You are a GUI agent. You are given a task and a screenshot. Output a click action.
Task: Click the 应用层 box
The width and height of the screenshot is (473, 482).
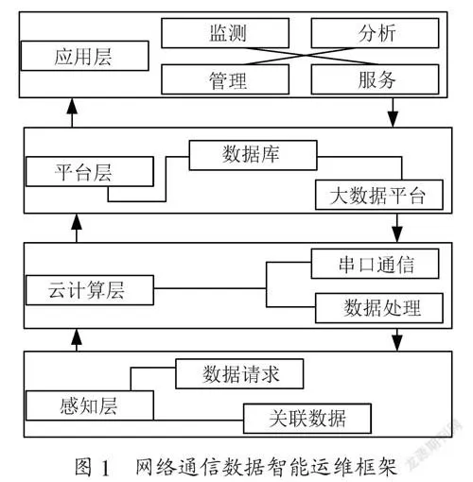(x=85, y=56)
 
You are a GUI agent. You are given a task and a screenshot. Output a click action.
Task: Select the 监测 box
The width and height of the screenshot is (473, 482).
(x=225, y=33)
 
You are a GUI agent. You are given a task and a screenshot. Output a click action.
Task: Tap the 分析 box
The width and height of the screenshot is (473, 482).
(x=375, y=33)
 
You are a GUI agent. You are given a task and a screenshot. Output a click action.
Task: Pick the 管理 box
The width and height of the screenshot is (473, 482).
(x=225, y=79)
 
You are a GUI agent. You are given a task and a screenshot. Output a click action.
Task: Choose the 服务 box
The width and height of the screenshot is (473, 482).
(x=375, y=79)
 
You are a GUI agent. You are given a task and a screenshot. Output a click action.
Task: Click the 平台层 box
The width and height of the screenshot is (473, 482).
(x=90, y=172)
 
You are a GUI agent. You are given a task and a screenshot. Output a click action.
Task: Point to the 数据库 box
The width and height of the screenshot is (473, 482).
(x=253, y=155)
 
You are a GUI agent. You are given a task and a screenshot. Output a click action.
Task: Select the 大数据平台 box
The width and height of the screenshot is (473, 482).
(x=379, y=195)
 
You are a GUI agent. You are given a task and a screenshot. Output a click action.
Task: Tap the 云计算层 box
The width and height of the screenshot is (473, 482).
(x=90, y=290)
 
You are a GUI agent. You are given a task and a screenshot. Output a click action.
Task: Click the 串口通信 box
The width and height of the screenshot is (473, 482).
(x=375, y=264)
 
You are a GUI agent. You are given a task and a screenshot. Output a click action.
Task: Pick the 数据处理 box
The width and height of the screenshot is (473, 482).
(x=379, y=308)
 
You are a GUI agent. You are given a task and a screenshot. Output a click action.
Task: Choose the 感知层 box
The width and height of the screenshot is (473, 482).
(x=90, y=405)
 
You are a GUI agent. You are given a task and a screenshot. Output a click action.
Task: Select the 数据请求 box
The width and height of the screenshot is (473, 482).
(x=239, y=374)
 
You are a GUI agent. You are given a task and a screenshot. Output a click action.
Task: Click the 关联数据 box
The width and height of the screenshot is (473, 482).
(x=307, y=419)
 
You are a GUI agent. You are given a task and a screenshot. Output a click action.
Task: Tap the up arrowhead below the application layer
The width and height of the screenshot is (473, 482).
(x=72, y=106)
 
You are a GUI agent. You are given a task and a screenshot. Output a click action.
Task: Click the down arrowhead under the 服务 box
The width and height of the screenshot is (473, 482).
(x=393, y=119)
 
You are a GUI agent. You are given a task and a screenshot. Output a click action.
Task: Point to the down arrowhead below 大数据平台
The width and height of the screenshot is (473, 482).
(x=397, y=234)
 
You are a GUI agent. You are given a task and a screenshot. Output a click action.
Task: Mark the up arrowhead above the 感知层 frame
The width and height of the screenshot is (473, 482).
(x=77, y=336)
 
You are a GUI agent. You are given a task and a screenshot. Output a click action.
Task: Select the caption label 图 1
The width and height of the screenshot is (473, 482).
(x=93, y=468)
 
